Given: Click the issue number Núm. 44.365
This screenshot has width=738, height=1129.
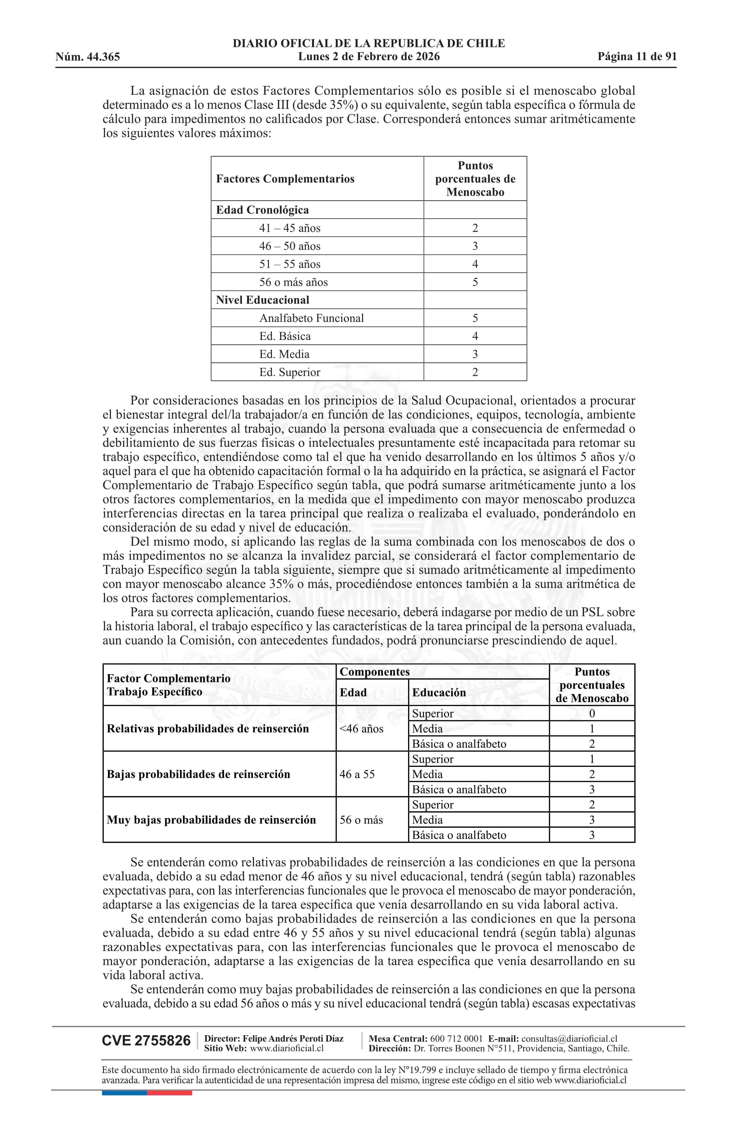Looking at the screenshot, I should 88,57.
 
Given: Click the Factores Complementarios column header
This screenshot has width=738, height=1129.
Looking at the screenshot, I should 285,179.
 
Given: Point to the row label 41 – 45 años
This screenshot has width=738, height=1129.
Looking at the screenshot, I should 289,228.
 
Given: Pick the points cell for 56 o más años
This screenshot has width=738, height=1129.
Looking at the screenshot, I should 475,282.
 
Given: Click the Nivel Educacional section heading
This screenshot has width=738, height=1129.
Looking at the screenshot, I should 262,300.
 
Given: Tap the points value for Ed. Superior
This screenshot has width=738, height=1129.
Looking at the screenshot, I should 475,372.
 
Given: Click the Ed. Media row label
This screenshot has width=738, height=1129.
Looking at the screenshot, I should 284,354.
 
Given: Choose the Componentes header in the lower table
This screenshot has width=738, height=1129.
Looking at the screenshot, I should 375,672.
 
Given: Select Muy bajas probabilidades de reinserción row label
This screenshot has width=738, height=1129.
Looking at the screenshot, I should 211,820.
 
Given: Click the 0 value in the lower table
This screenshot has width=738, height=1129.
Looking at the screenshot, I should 592,714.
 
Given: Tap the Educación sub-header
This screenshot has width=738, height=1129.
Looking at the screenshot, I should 439,692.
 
